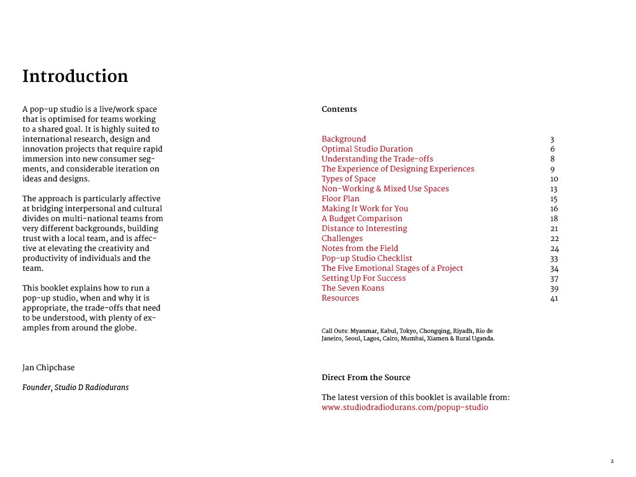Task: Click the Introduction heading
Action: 75,76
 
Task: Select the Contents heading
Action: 339,109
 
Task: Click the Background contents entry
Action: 343,139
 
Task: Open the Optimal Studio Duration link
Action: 367,149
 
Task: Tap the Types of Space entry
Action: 348,179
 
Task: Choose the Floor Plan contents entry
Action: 340,199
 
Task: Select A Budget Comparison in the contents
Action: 361,219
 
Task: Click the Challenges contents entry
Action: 342,238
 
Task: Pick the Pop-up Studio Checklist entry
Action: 366,258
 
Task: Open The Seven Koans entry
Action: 353,288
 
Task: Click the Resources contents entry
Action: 340,298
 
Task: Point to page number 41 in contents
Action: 554,299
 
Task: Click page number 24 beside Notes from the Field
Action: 554,249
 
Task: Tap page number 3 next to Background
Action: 552,140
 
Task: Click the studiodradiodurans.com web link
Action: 404,407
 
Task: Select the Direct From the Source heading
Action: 366,378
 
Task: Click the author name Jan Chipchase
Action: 48,368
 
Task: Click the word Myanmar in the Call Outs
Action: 364,331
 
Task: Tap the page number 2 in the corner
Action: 612,461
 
